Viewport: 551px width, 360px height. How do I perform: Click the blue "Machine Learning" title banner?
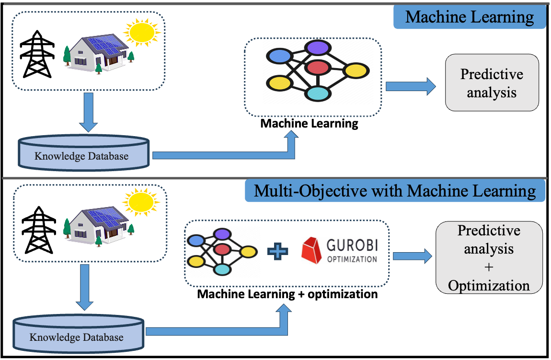point(470,18)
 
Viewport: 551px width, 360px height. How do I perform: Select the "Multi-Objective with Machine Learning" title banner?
point(395,191)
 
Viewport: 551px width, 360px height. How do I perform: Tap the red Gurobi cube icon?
point(313,251)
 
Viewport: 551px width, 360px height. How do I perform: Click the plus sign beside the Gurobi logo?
point(278,251)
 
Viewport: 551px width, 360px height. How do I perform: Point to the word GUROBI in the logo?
point(352,245)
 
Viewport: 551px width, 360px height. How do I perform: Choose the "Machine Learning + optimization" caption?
point(289,293)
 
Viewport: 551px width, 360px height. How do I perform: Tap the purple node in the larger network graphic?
point(317,47)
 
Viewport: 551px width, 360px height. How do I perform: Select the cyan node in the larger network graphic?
point(317,93)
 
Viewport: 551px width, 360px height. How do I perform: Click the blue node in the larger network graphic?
point(280,57)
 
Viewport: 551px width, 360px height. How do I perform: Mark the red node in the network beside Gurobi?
point(222,249)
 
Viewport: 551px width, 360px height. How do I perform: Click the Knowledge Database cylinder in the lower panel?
point(78,334)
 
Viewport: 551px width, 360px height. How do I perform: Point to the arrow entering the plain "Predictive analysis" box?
point(411,87)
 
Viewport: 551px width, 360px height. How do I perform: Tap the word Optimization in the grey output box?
point(489,286)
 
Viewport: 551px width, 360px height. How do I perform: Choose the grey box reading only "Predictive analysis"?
point(492,82)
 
